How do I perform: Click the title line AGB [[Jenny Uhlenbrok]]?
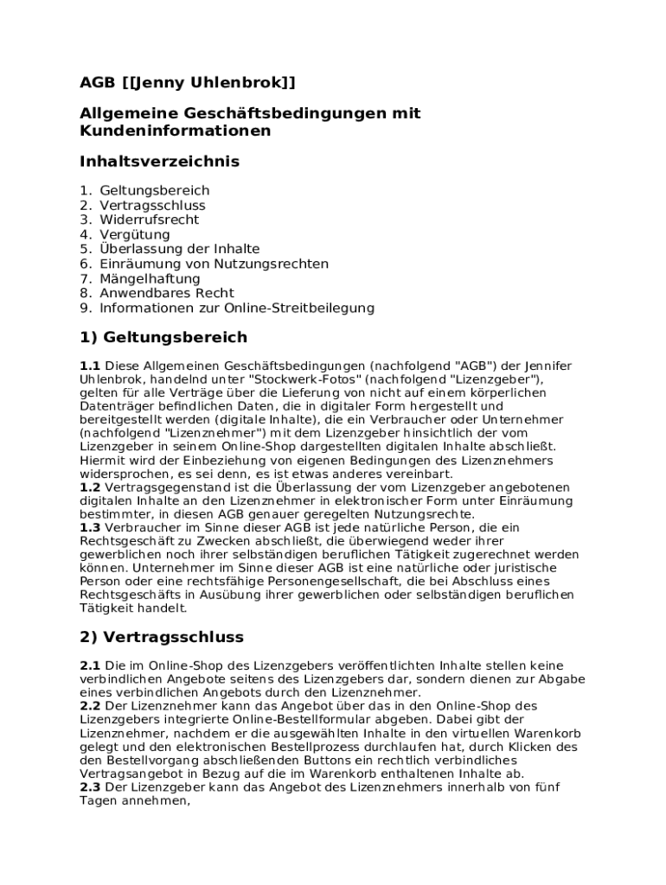pyautogui.click(x=187, y=82)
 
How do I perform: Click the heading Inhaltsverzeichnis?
pyautogui.click(x=159, y=162)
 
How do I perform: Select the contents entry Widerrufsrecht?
pyautogui.click(x=149, y=220)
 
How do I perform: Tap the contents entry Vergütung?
pyautogui.click(x=135, y=234)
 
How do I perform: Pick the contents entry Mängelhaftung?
pyautogui.click(x=150, y=278)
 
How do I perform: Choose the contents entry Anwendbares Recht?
pyautogui.click(x=167, y=293)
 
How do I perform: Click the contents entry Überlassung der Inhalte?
pyautogui.click(x=179, y=249)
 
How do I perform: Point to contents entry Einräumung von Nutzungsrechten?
pyautogui.click(x=214, y=264)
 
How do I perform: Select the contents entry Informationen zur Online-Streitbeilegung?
pyautogui.click(x=236, y=308)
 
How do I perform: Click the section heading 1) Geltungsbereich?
pyautogui.click(x=163, y=337)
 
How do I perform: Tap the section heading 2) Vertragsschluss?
pyautogui.click(x=162, y=638)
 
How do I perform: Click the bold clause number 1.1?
pyautogui.click(x=90, y=366)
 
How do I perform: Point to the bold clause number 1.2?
pyautogui.click(x=90, y=487)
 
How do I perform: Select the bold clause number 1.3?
pyautogui.click(x=90, y=527)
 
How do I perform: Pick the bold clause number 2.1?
pyautogui.click(x=90, y=665)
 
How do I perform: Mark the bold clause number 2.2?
pyautogui.click(x=90, y=706)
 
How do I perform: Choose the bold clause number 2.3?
pyautogui.click(x=90, y=787)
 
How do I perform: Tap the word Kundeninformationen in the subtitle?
pyautogui.click(x=175, y=131)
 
